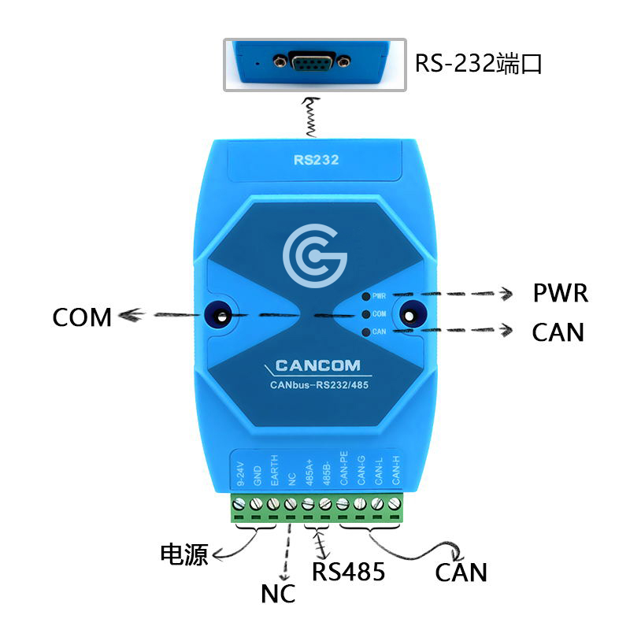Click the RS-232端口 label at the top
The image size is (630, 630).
coord(478,64)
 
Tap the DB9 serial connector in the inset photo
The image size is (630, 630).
coord(312,61)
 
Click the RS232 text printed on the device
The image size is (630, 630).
coord(317,160)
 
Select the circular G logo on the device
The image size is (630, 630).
coord(314,256)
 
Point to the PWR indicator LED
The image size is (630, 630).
coord(366,297)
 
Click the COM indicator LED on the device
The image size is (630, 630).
coord(366,314)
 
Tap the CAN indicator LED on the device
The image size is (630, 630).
coord(366,332)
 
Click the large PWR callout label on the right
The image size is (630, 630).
coord(561,293)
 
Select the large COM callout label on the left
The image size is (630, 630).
coord(82,317)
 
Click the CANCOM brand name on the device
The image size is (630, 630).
coord(318,365)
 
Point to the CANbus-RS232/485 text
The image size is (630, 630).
coord(319,385)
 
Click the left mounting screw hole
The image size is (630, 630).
coord(220,316)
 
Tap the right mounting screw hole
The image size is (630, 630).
coord(409,316)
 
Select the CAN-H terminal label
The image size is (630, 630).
coord(396,469)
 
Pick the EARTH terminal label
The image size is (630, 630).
coord(274,470)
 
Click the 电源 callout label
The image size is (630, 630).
coord(184,555)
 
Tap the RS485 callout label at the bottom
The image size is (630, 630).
coord(348,572)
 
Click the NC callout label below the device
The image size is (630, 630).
coord(278,594)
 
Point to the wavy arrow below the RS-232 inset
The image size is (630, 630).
coord(311,117)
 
